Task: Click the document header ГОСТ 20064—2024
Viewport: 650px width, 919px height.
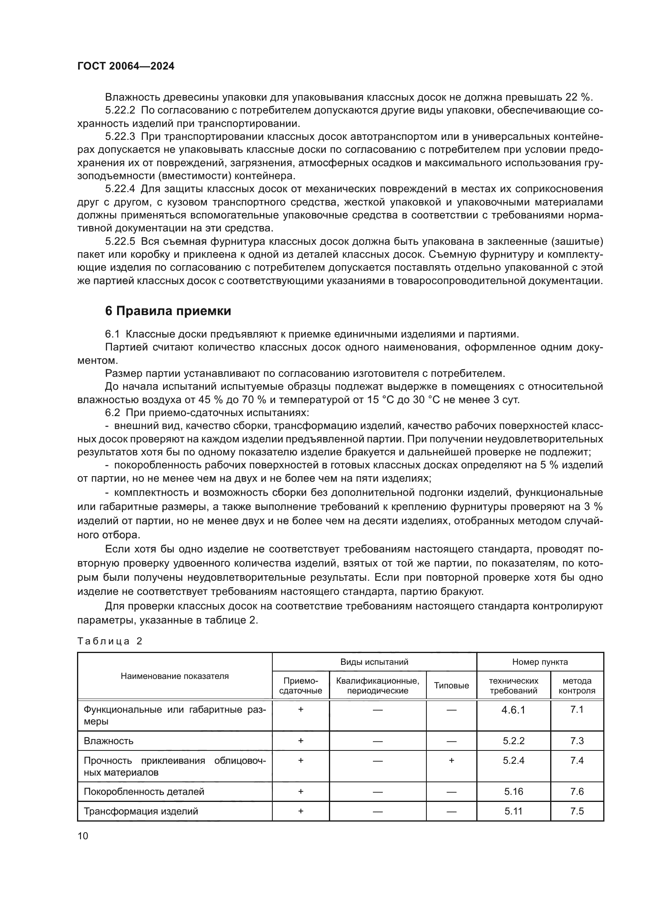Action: tap(126, 66)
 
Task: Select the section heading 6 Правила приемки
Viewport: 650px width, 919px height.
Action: tap(168, 311)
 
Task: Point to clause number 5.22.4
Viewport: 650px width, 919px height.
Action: tap(120, 189)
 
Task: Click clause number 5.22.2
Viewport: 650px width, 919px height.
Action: tap(120, 110)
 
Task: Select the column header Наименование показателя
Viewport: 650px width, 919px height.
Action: tap(174, 676)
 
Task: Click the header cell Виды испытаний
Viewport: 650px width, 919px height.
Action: tap(374, 662)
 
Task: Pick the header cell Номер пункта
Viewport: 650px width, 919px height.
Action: tap(540, 662)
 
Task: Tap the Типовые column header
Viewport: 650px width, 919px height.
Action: tap(451, 685)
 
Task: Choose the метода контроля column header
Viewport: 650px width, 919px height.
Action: tap(577, 685)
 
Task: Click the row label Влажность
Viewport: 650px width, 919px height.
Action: tap(108, 741)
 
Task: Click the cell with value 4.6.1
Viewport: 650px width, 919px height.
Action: tap(513, 710)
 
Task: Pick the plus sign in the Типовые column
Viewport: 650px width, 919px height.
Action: tap(451, 760)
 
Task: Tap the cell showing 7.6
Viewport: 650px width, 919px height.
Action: tap(577, 791)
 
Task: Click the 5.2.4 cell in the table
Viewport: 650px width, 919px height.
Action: tap(513, 760)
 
